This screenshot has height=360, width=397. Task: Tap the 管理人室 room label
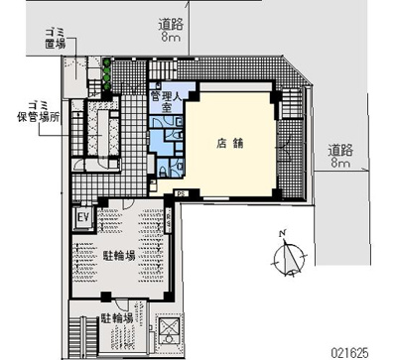[163, 102]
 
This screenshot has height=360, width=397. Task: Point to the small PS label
[182, 192]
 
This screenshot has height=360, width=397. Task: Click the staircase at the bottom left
[79, 332]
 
